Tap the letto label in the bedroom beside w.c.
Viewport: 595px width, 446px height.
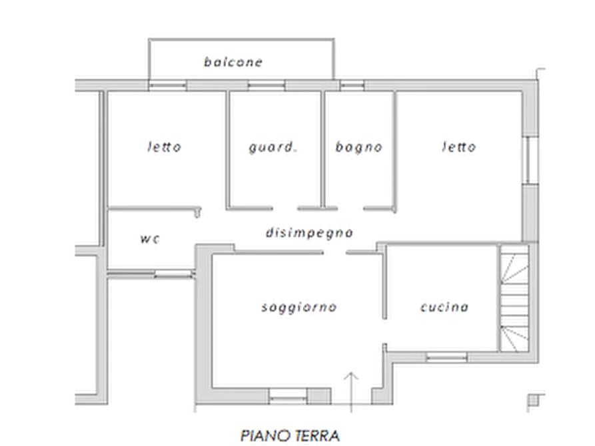click(163, 146)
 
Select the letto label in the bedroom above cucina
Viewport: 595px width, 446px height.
click(458, 147)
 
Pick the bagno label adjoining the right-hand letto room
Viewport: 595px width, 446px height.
click(358, 147)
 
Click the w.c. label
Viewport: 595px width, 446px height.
click(149, 238)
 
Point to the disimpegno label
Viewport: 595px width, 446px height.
click(308, 233)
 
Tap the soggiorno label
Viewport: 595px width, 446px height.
click(300, 308)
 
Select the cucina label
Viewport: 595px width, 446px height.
click(446, 308)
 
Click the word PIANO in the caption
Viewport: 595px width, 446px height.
click(263, 436)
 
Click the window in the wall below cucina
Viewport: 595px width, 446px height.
click(446, 357)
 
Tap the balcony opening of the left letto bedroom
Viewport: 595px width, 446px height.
click(167, 85)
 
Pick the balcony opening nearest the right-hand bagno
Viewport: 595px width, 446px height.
click(353, 85)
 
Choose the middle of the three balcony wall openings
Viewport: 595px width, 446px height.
click(267, 85)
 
